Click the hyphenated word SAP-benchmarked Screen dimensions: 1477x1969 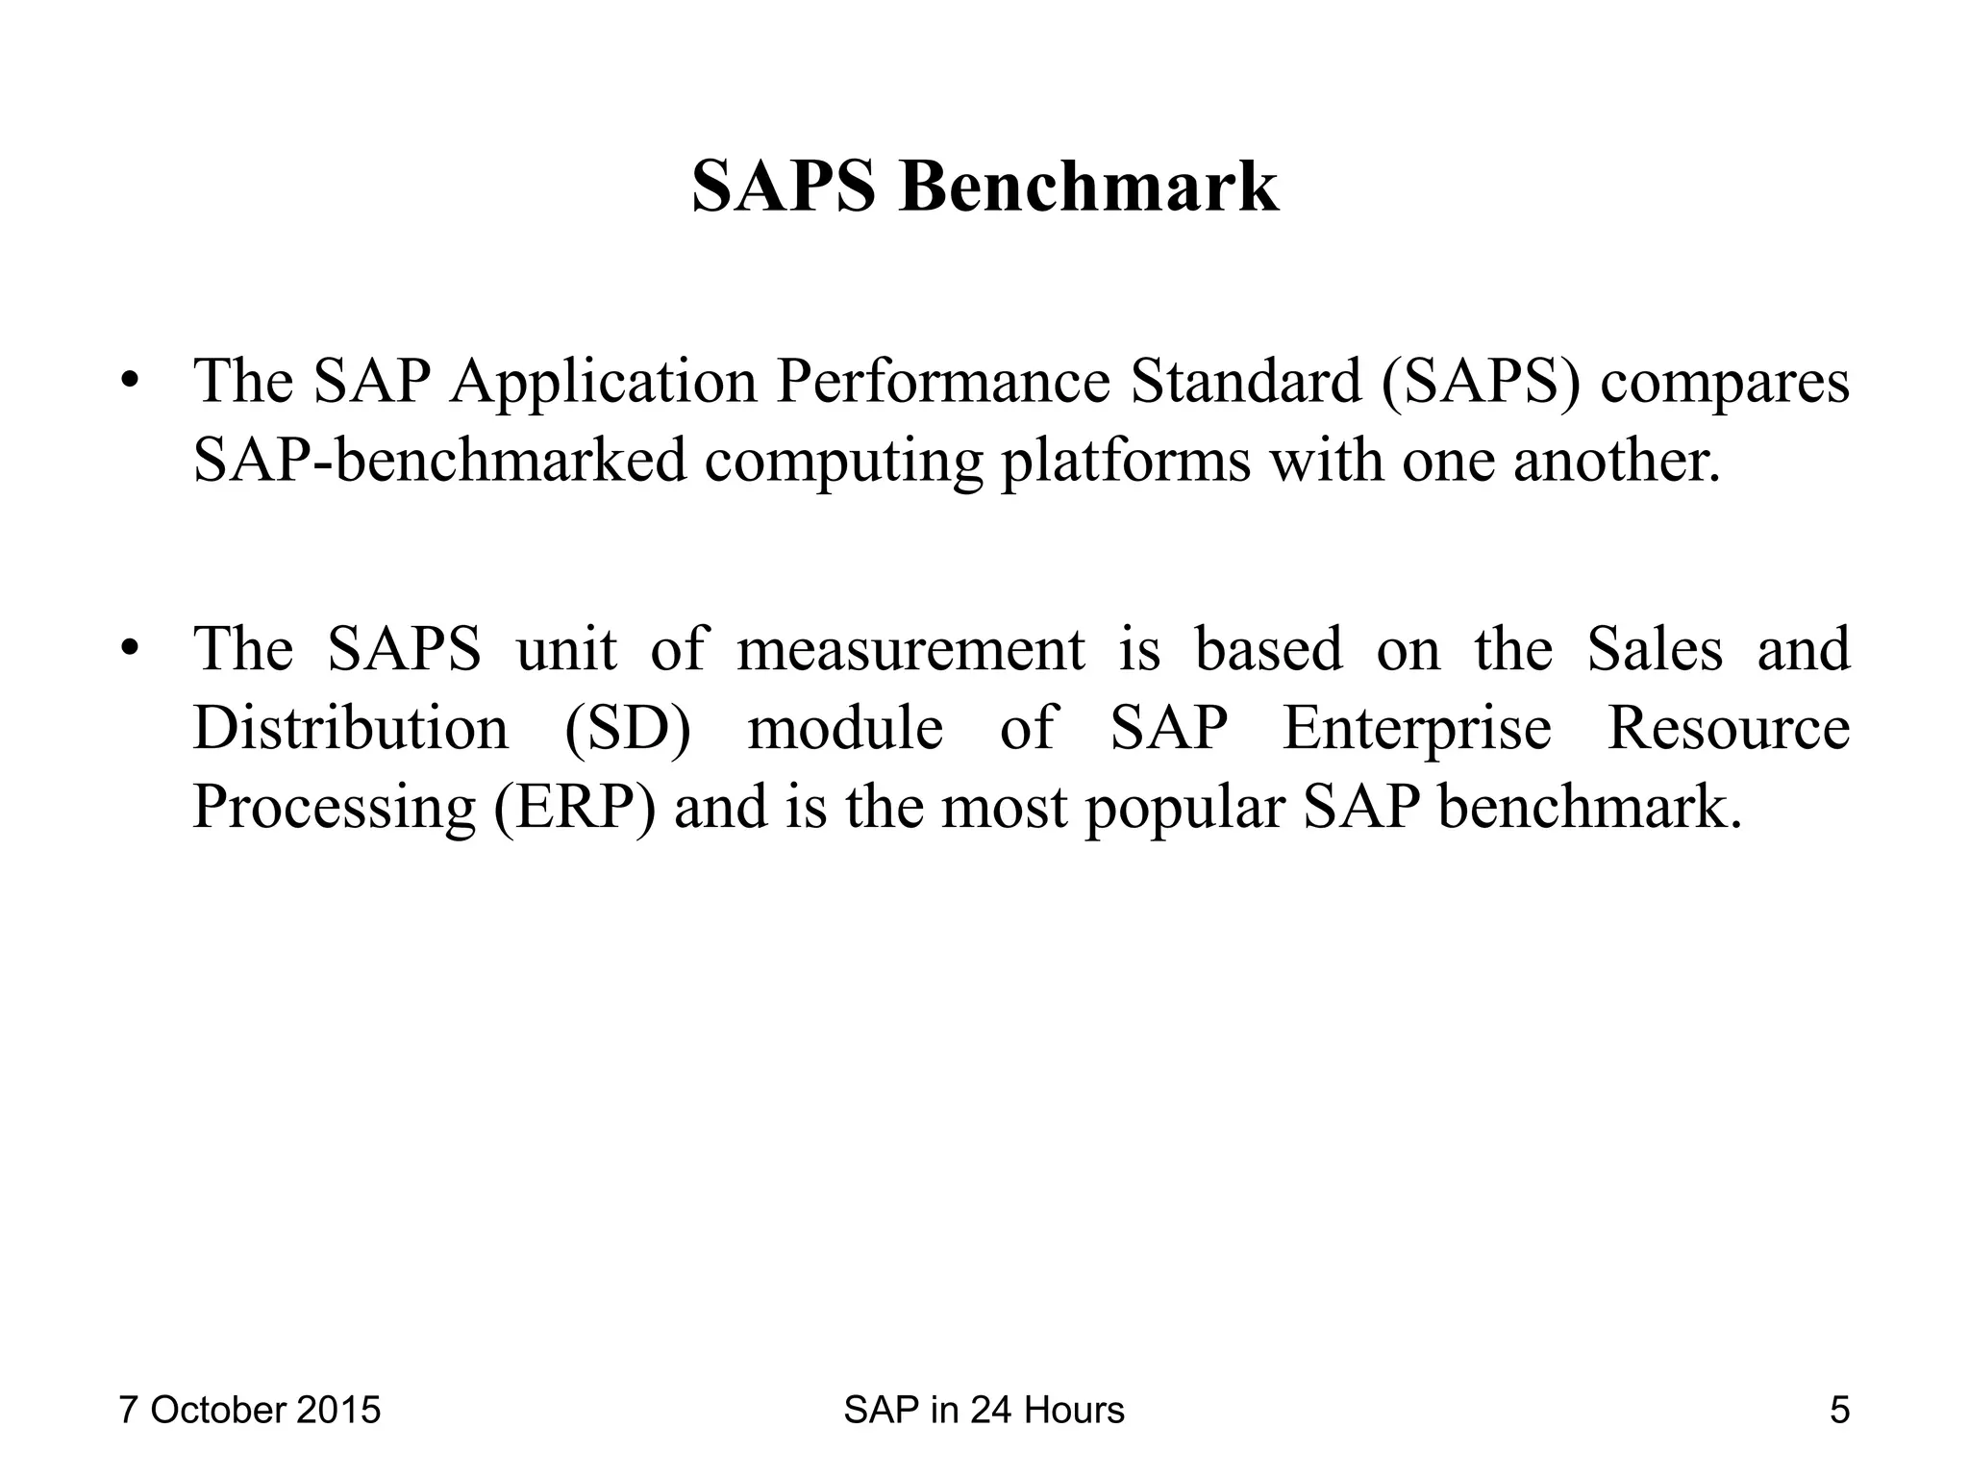[x=440, y=461]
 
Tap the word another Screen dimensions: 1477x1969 [x=1615, y=461]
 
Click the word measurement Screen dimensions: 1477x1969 [x=910, y=649]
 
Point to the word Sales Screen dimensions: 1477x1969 [x=1655, y=649]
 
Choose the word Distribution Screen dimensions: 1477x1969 [x=350, y=727]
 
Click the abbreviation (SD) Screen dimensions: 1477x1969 [x=628, y=729]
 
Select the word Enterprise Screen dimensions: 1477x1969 [x=1417, y=729]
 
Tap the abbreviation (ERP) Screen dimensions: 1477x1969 [x=575, y=807]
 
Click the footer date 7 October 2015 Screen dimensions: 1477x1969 [x=250, y=1411]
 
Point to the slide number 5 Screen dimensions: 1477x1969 [x=1839, y=1411]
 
